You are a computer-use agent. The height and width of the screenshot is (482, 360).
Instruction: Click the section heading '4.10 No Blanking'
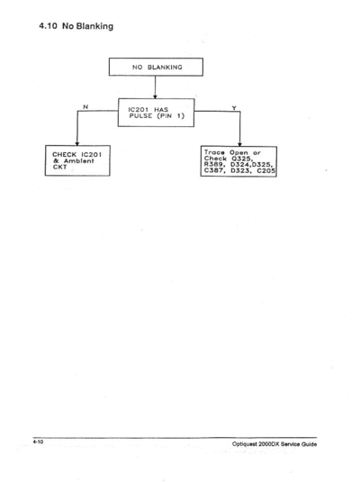[76, 26]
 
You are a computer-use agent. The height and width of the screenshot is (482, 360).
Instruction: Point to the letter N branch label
[85, 106]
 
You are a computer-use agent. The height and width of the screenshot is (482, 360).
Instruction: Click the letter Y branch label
[234, 108]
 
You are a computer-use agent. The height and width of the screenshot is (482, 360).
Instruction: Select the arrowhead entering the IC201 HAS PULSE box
[155, 96]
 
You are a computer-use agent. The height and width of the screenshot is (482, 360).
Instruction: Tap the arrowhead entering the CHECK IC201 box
[77, 143]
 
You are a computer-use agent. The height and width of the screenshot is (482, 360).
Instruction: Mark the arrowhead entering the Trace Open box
[239, 144]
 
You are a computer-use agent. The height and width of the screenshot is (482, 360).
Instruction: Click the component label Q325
[242, 159]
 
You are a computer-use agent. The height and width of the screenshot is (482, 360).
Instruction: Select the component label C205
[266, 170]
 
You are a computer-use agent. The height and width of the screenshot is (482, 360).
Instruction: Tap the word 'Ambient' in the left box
[78, 160]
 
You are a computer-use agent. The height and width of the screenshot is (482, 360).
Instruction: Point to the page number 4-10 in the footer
[38, 441]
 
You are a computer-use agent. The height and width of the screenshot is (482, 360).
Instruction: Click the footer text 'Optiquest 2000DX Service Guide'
[274, 444]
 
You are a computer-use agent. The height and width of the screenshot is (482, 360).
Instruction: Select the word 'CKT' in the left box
[59, 167]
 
